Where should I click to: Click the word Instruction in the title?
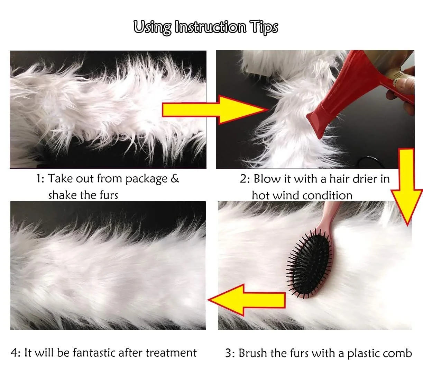click(210, 27)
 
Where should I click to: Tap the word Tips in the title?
click(264, 28)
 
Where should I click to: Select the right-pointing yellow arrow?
click(215, 109)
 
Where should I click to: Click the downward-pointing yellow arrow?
click(406, 187)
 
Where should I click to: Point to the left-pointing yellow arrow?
click(247, 300)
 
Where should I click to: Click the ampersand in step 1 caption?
click(175, 178)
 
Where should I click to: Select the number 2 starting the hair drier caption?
click(243, 179)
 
